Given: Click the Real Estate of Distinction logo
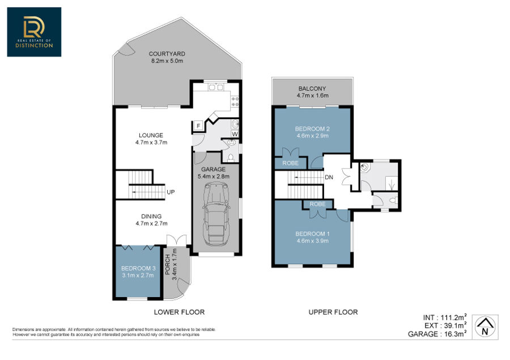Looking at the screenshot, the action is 34,32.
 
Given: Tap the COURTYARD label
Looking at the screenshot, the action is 167,54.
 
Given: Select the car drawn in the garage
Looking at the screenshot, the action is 216,214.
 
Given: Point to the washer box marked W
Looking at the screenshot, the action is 235,134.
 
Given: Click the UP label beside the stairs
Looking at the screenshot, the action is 171,192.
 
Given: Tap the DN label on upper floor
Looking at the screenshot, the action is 329,177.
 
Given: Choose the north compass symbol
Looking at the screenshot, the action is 484,327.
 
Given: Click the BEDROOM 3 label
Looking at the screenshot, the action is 138,268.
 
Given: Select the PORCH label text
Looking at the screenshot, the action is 168,264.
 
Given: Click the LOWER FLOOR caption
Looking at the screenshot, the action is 179,312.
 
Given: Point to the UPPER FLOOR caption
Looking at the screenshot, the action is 333,312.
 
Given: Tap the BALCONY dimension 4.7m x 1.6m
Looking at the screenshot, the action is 313,95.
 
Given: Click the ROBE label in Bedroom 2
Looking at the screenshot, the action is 291,163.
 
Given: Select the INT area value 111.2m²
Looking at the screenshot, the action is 454,317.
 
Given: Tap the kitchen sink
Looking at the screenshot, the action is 216,87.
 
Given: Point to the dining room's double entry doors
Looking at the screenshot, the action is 177,240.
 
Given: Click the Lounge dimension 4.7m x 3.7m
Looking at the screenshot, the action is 151,142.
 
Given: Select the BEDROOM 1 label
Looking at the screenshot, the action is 313,234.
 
